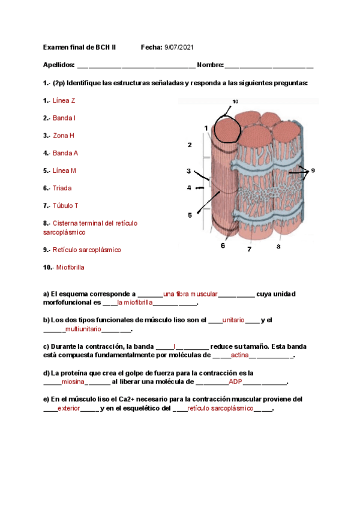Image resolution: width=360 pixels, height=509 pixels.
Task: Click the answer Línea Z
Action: click(x=64, y=101)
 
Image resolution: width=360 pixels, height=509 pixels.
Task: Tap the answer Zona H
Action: click(x=64, y=136)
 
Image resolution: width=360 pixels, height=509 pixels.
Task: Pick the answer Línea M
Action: click(x=64, y=170)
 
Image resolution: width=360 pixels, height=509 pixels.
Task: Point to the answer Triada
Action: click(x=62, y=188)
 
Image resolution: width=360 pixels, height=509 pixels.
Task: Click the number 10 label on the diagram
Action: click(x=235, y=101)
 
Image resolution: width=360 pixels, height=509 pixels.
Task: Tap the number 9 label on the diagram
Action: click(x=312, y=170)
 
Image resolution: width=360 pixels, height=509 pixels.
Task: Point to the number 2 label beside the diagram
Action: click(x=190, y=145)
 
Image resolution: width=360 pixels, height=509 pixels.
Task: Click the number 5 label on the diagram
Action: click(x=190, y=215)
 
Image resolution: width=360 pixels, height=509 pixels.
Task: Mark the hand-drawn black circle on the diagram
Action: click(x=227, y=127)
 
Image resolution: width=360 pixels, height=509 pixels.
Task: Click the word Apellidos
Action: click(x=59, y=64)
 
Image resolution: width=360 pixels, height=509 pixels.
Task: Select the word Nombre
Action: click(x=209, y=64)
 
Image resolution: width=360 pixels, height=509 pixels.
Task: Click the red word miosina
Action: click(x=74, y=382)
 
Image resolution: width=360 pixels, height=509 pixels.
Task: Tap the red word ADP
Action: click(x=235, y=382)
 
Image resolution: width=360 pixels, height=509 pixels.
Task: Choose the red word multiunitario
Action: click(x=83, y=330)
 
